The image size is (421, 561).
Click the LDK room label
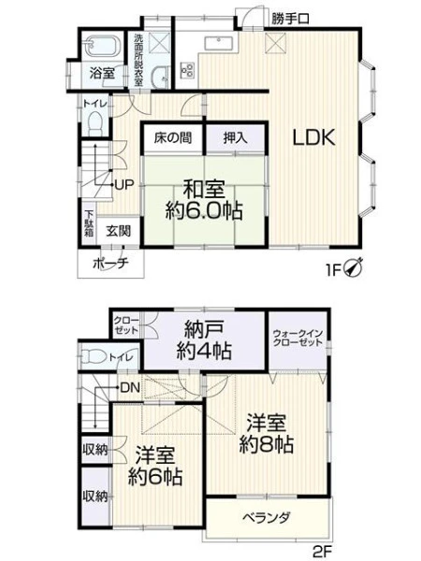point(314,137)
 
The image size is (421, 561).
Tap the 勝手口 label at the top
point(290,19)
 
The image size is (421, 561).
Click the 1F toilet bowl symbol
point(95,122)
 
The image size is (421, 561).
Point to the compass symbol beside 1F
point(354,267)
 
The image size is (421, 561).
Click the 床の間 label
point(173,137)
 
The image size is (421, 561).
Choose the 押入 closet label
point(235,137)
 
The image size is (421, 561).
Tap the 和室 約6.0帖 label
point(204,200)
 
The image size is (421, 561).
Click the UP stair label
point(124,184)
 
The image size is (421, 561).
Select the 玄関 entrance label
point(118,232)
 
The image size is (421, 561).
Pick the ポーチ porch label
point(110,264)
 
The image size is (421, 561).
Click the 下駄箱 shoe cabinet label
point(89,223)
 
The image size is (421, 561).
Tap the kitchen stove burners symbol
point(188,69)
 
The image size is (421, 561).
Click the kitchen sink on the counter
point(219,44)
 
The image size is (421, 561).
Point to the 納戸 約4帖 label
point(204,340)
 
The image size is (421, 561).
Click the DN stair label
point(130,387)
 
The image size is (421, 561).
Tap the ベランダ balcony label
point(267,518)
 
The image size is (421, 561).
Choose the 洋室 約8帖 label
point(266,434)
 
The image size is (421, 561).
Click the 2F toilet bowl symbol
point(93,357)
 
